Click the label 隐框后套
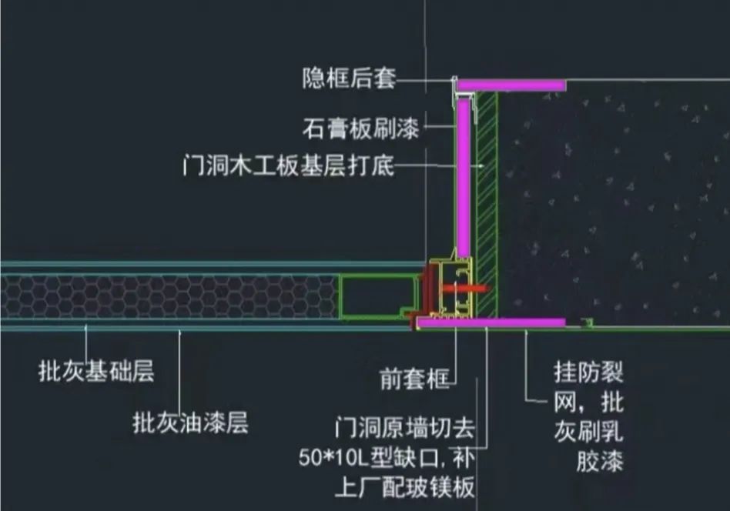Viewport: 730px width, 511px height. [x=349, y=78]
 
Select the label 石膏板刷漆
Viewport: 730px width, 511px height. [x=361, y=129]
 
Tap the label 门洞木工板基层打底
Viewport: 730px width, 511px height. [x=289, y=165]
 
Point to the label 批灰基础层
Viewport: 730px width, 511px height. [x=96, y=372]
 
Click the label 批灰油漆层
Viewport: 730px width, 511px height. [x=190, y=422]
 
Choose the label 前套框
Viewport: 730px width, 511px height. [x=414, y=379]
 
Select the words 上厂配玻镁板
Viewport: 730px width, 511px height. [x=404, y=487]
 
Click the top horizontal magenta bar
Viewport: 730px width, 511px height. [x=511, y=85]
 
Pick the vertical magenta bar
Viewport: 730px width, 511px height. [x=464, y=178]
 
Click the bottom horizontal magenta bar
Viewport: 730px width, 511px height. [x=491, y=322]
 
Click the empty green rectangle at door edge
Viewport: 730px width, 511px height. [x=378, y=296]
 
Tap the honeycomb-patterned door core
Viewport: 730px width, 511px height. [x=169, y=296]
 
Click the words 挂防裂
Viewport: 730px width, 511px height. [x=588, y=372]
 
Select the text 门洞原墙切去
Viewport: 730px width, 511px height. [x=404, y=428]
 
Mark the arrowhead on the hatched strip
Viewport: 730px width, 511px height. [x=481, y=165]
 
